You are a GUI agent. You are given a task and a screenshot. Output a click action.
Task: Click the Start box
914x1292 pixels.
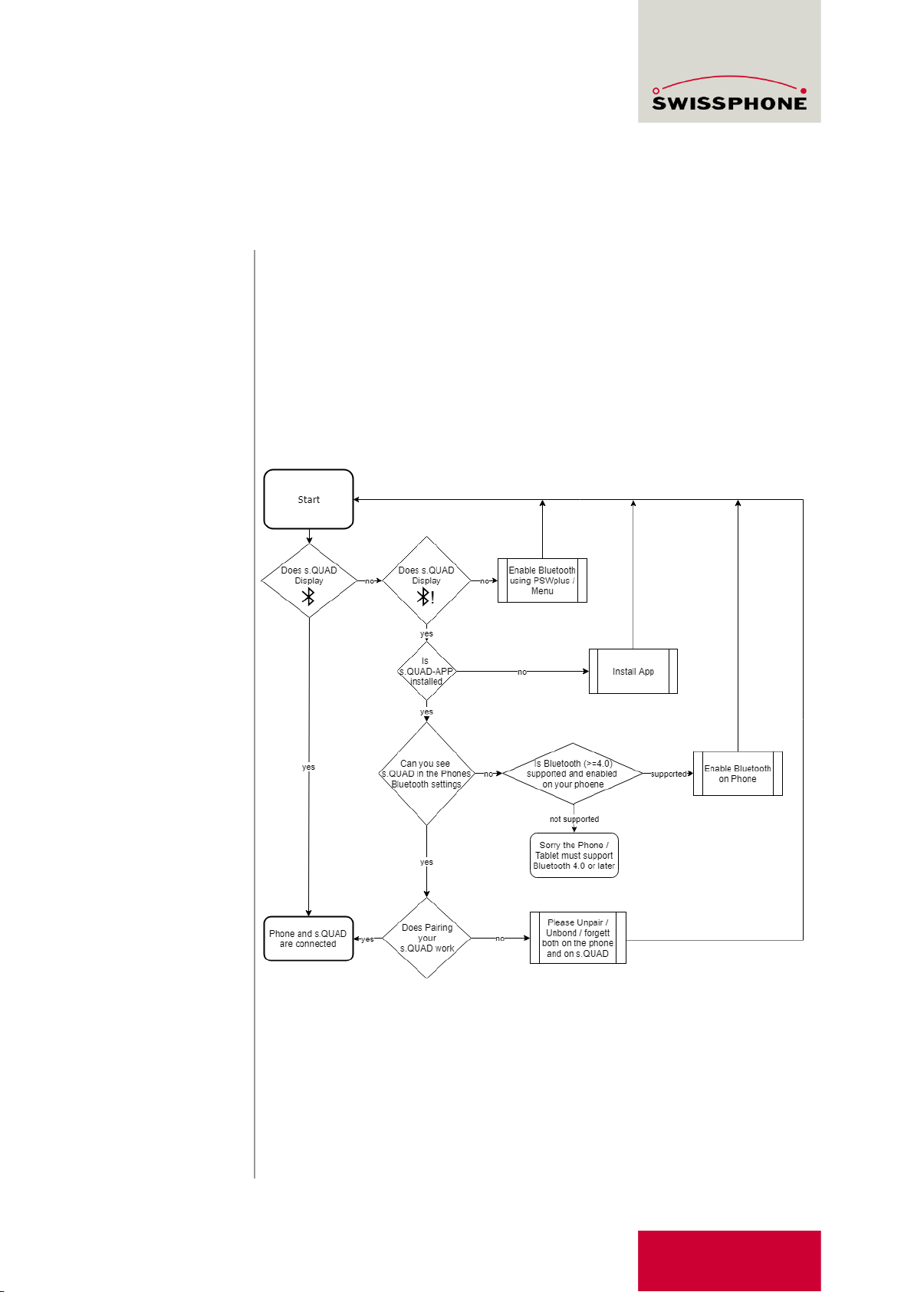(x=308, y=499)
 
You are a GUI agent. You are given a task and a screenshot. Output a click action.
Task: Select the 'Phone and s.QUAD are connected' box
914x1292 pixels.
(x=308, y=939)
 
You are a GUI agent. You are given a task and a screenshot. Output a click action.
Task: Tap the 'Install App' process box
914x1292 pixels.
(x=633, y=672)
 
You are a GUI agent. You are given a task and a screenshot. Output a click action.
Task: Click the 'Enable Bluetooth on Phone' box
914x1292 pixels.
(x=738, y=774)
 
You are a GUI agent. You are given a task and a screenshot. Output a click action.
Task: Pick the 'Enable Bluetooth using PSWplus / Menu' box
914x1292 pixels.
(x=542, y=580)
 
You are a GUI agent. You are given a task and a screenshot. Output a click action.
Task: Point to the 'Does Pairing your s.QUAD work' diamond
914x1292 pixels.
(x=427, y=938)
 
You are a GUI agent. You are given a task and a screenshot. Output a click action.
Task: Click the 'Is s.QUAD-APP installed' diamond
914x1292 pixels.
(x=426, y=672)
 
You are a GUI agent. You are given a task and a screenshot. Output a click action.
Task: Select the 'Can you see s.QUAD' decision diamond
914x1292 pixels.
(x=427, y=774)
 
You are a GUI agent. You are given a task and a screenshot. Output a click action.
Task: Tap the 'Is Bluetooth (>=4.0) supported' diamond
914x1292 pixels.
(x=573, y=774)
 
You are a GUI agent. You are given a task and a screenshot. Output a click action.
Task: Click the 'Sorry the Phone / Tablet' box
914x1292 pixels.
(x=574, y=856)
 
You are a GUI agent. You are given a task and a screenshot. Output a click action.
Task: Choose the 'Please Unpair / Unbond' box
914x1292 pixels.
(x=578, y=938)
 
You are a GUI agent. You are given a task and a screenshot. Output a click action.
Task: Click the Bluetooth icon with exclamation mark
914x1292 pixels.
(x=426, y=597)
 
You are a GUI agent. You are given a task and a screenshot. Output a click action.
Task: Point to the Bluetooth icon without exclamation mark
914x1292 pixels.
(x=308, y=597)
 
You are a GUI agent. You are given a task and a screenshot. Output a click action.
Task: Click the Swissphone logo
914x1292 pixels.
(x=729, y=94)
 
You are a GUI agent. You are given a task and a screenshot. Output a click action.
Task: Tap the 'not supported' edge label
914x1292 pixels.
(x=574, y=819)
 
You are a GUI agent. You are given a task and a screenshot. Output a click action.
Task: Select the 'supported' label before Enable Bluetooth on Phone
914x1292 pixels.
(x=669, y=774)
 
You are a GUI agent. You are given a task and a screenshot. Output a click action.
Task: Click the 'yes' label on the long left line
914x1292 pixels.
(x=308, y=767)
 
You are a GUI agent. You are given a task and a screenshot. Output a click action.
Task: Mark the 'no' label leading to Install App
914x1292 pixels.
(x=522, y=672)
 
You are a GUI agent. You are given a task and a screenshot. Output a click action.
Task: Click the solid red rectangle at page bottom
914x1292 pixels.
(x=729, y=1261)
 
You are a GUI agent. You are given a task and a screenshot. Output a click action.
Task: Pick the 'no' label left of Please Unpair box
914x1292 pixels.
(x=500, y=939)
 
